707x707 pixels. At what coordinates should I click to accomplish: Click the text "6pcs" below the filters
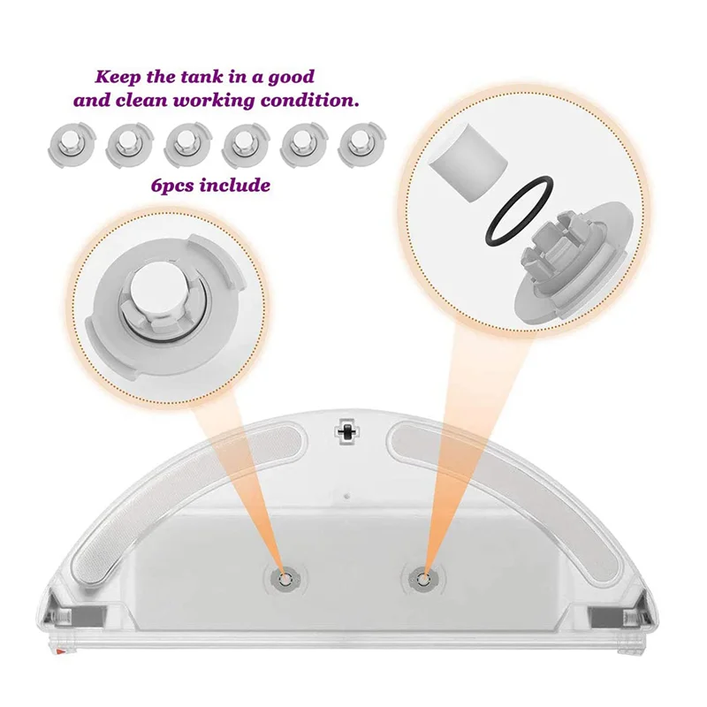pyautogui.click(x=175, y=186)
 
